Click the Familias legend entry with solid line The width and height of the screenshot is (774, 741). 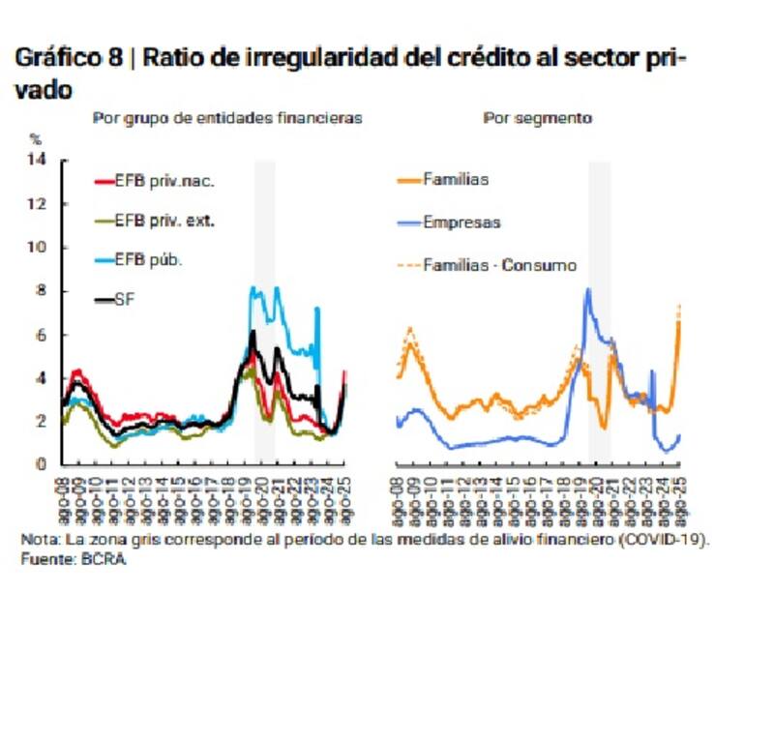[456, 180]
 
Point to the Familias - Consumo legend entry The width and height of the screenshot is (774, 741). [499, 264]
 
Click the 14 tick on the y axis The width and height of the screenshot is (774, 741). [39, 160]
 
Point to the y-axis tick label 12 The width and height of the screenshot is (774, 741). [39, 204]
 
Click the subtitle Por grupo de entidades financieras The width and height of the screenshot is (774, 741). [227, 118]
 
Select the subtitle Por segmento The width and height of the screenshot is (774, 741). [538, 118]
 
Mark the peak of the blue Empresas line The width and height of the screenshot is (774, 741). [587, 289]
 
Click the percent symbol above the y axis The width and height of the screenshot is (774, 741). [37, 139]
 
